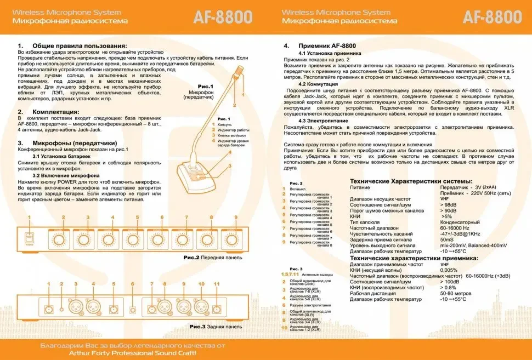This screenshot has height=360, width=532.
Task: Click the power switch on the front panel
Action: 31,238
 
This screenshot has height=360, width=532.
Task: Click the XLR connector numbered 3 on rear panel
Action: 73,307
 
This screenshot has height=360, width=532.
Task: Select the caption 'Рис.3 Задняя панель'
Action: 216,327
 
